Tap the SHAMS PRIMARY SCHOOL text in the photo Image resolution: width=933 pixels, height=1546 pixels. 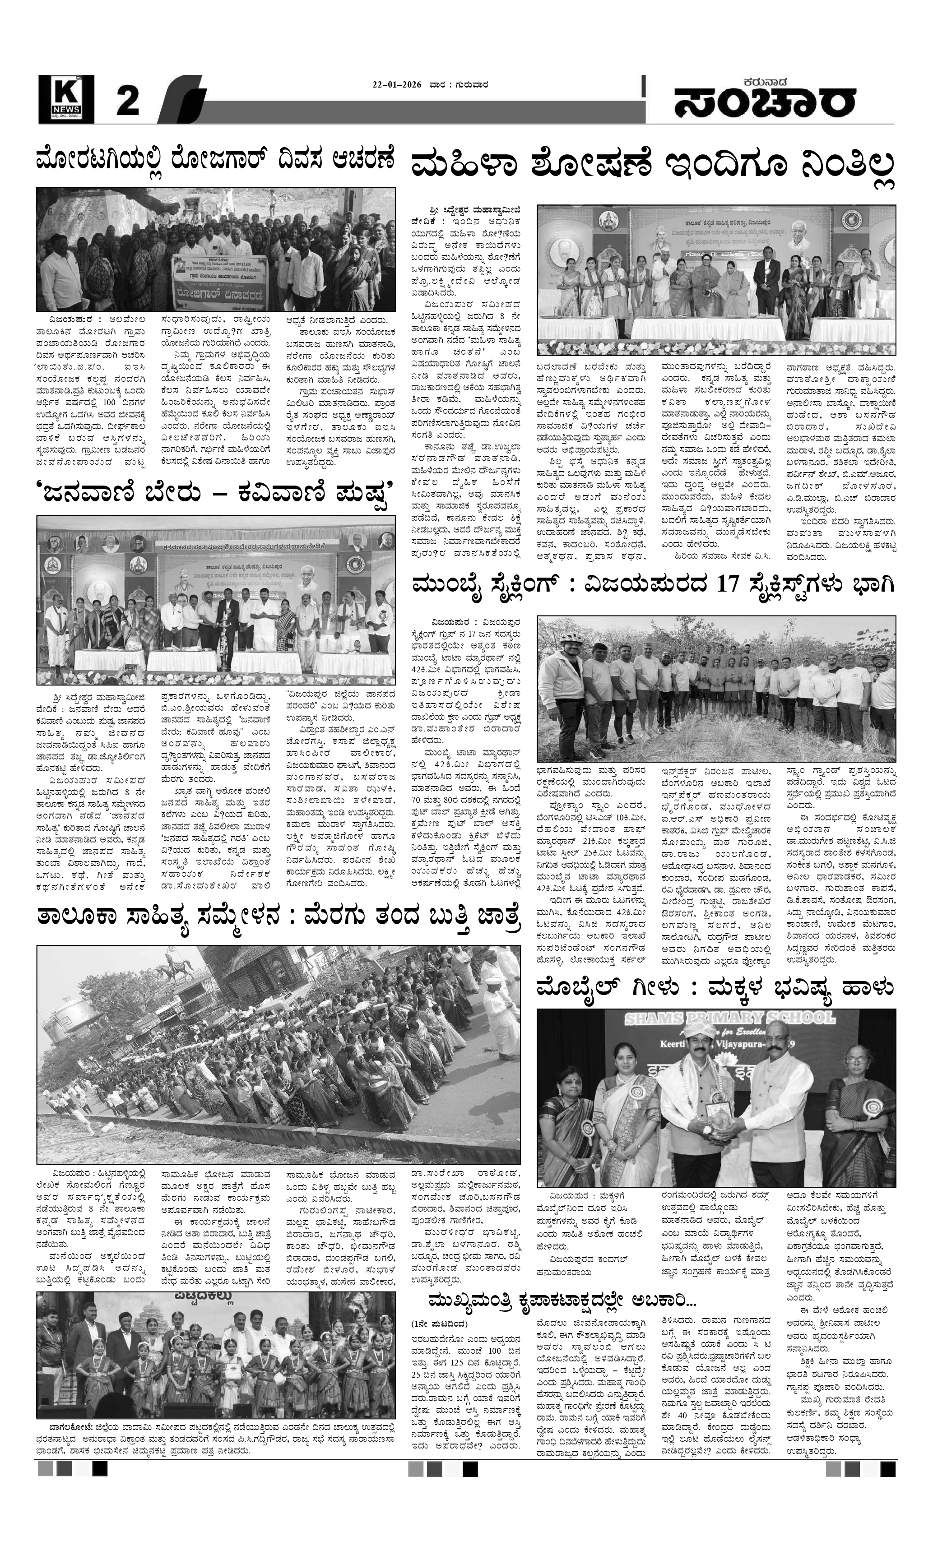pos(715,1019)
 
